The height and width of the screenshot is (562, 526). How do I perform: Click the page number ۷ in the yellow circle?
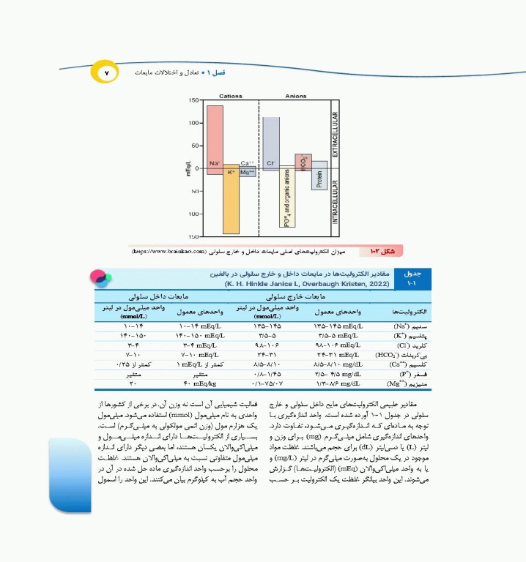[105, 73]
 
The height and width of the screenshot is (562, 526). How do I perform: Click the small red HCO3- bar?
[303, 162]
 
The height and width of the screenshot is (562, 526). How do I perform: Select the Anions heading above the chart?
[296, 96]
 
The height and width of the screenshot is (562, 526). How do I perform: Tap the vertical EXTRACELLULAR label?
[336, 132]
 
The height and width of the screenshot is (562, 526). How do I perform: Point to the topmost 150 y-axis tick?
[193, 100]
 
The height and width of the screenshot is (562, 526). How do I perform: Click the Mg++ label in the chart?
[248, 172]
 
